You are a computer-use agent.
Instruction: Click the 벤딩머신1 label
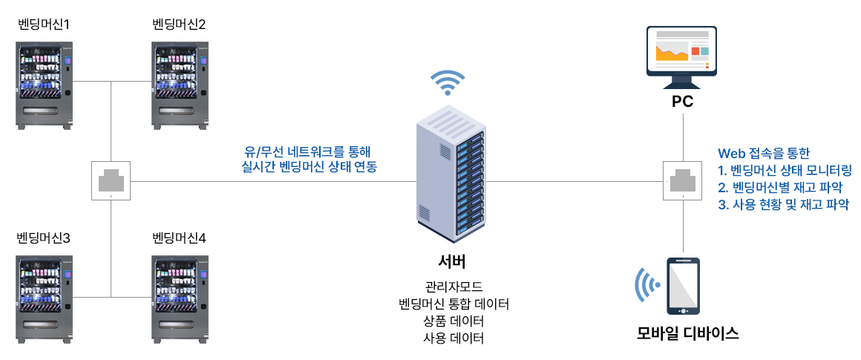pos(43,24)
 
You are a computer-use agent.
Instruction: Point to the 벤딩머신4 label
pos(179,238)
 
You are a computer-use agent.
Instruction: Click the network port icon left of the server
pos(111,180)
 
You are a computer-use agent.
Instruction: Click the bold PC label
pos(682,102)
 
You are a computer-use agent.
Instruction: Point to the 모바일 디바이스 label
pos(688,333)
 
